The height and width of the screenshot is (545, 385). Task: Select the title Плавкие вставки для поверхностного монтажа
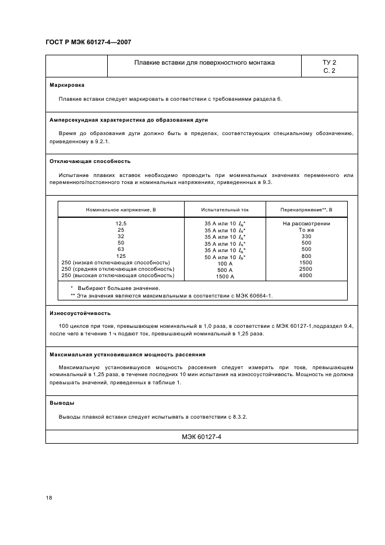[204, 62]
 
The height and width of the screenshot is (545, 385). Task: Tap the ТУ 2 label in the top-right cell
[329, 62]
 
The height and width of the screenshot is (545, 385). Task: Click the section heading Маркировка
[67, 84]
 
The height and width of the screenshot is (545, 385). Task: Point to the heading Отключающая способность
[90, 161]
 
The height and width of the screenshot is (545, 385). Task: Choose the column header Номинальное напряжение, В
[121, 209]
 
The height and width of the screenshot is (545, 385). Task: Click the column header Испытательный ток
[224, 209]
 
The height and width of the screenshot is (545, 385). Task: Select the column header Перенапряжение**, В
[306, 209]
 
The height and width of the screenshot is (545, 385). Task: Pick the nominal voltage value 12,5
[121, 224]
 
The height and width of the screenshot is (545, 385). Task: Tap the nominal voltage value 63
[121, 249]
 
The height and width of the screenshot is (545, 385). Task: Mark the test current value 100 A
[224, 263]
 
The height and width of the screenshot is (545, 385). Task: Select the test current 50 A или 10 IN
[224, 257]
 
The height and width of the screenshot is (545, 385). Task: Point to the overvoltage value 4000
[306, 275]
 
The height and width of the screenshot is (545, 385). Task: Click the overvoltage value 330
[306, 236]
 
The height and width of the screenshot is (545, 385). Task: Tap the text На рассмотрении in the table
[306, 224]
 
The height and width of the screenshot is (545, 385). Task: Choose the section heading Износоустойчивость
[80, 313]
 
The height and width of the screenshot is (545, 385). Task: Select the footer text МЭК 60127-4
[202, 437]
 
